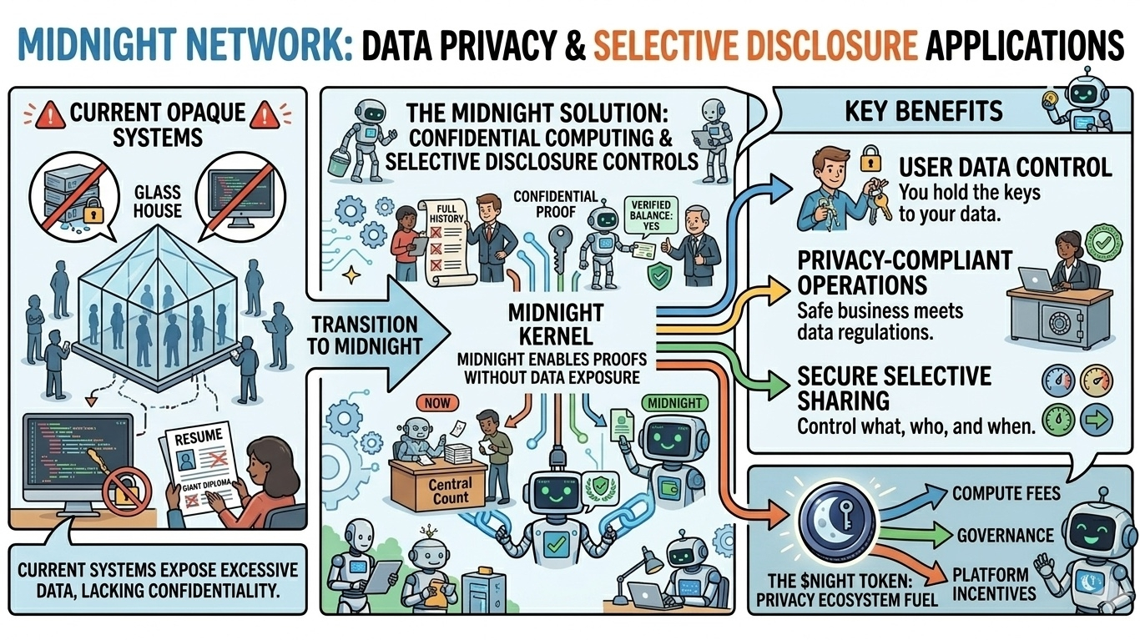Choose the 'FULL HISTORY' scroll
445,238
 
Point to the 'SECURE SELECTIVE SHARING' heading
893,388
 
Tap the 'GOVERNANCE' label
1005,534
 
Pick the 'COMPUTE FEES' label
1006,492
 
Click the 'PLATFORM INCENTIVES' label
994,584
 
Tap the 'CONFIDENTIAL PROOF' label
555,204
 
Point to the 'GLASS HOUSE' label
156,200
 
